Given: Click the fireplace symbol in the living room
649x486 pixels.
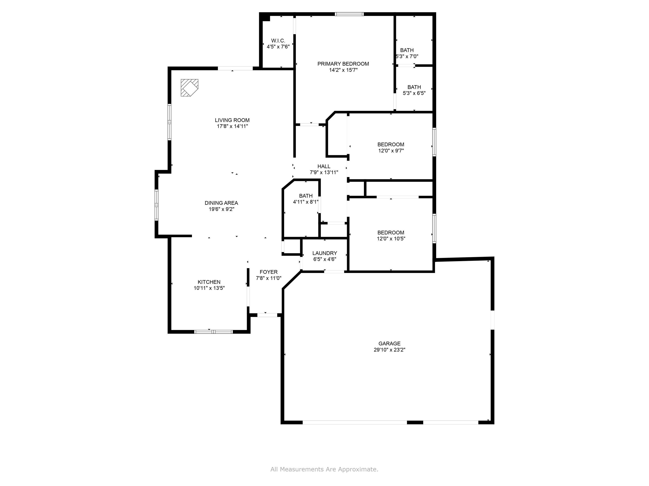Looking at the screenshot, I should (x=189, y=88).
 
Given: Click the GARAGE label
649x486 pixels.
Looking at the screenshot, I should (x=389, y=344).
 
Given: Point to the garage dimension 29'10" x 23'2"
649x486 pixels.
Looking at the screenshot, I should (x=389, y=350).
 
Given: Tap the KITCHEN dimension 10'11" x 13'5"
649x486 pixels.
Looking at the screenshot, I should (x=209, y=288).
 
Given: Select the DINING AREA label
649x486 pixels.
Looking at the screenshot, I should (x=221, y=203).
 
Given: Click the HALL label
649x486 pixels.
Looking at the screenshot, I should (x=324, y=166).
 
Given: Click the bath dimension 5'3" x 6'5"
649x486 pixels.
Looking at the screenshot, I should (x=414, y=93).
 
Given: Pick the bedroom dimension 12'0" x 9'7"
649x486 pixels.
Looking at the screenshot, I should (x=391, y=151).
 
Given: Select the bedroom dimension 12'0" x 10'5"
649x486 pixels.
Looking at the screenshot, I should (x=391, y=238).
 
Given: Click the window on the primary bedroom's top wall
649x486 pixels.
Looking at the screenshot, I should (x=349, y=14).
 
